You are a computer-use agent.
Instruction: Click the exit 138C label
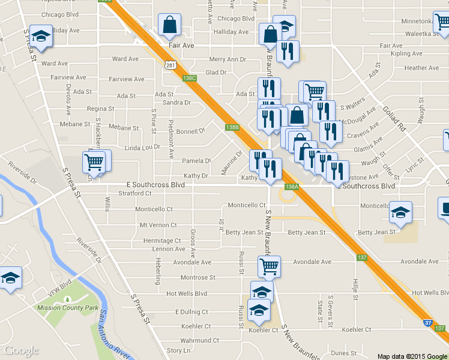(190, 78)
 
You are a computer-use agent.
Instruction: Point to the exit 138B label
(233, 127)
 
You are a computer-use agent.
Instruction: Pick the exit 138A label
(291, 187)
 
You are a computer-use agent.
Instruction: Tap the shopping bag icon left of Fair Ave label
(170, 25)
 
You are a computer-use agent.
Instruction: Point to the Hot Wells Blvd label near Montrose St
(187, 293)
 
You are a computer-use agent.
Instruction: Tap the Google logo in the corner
(22, 350)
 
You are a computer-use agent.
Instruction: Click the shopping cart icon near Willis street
(95, 161)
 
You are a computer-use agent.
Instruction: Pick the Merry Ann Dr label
(228, 59)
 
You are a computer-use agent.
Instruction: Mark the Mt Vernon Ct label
(158, 225)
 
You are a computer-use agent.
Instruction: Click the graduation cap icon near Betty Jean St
(400, 212)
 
